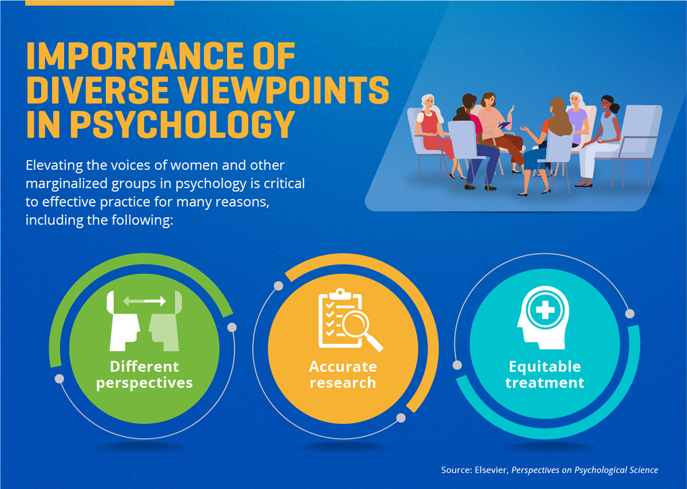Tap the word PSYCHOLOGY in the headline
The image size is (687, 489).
(x=182, y=124)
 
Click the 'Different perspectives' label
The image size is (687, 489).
(x=144, y=374)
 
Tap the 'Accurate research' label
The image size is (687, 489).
(x=343, y=374)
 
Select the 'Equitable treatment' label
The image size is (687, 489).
(x=544, y=374)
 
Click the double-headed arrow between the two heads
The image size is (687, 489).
(x=144, y=301)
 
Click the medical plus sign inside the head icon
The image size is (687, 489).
(x=545, y=310)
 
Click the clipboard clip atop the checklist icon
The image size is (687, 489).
(x=340, y=294)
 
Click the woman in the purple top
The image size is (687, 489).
(x=577, y=120)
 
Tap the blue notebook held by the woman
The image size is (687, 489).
(x=504, y=125)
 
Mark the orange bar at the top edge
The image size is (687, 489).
(x=100, y=2)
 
